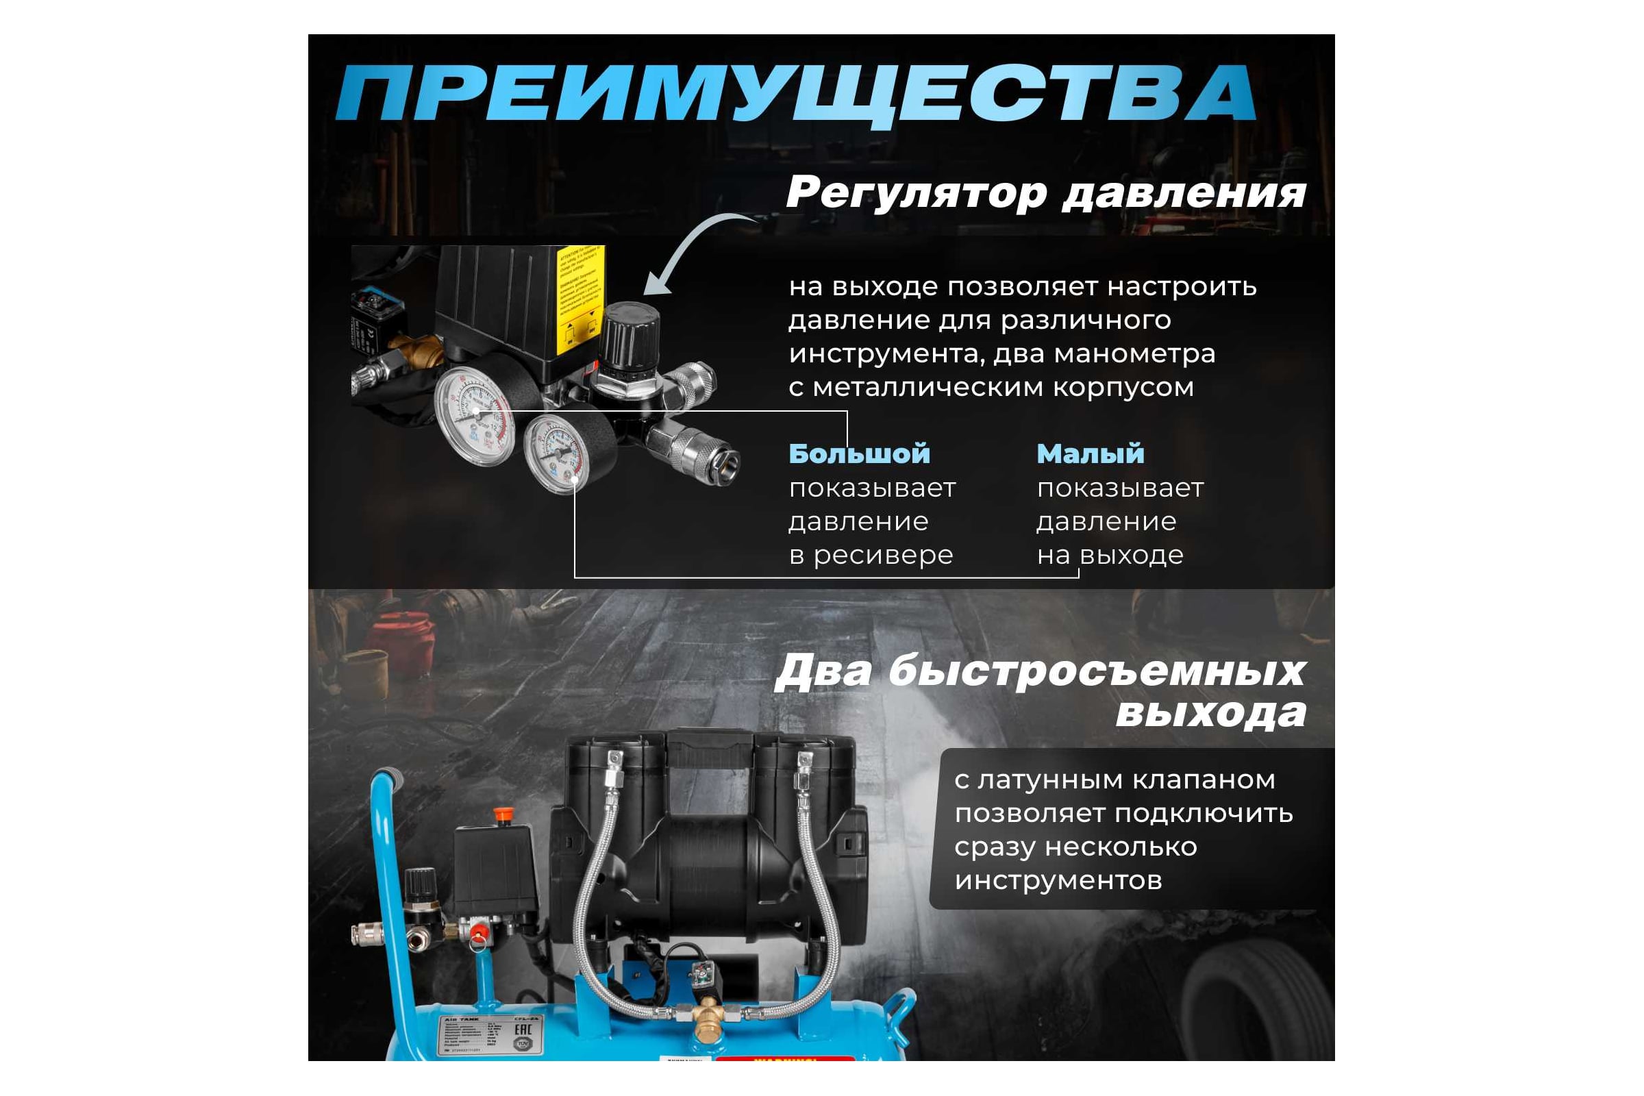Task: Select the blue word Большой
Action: click(859, 453)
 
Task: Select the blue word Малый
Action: click(1091, 453)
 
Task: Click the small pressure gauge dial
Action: click(557, 453)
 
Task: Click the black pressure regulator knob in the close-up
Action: click(631, 335)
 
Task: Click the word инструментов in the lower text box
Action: click(1058, 880)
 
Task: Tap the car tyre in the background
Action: click(1258, 999)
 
